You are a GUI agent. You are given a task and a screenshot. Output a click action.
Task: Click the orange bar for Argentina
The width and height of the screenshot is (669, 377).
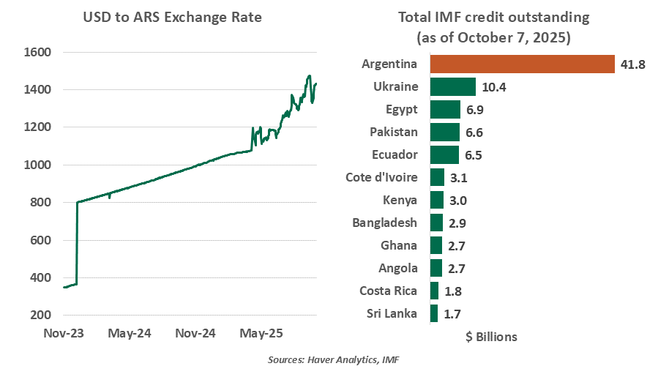click(522, 64)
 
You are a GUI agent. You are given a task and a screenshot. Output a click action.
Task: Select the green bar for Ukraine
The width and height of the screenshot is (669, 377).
click(453, 87)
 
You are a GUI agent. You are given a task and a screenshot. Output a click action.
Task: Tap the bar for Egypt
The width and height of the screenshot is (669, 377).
click(445, 110)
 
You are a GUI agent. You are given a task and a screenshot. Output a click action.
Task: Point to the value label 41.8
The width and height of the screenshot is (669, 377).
click(632, 64)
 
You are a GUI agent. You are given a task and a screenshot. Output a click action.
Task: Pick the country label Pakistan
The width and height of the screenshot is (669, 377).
click(392, 132)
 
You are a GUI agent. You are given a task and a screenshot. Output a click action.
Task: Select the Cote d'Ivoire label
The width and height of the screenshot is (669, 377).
click(381, 178)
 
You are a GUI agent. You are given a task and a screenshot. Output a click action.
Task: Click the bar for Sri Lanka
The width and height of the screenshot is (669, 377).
click(434, 314)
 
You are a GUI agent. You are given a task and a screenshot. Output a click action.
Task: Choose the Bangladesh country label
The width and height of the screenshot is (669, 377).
click(384, 223)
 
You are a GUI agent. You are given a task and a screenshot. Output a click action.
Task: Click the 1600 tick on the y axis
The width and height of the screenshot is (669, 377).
click(37, 53)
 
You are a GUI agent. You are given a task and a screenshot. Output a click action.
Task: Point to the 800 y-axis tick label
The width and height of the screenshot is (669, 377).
click(40, 203)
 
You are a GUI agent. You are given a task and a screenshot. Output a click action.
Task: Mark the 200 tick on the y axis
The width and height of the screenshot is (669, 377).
click(40, 316)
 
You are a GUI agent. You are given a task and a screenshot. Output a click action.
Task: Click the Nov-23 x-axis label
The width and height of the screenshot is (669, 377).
click(64, 334)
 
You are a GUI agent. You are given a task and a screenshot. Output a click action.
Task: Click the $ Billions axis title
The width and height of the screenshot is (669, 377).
click(491, 337)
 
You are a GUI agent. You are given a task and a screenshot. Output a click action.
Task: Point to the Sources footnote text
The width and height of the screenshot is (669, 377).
click(334, 361)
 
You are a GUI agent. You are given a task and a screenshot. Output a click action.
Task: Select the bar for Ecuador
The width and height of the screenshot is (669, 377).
click(444, 155)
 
